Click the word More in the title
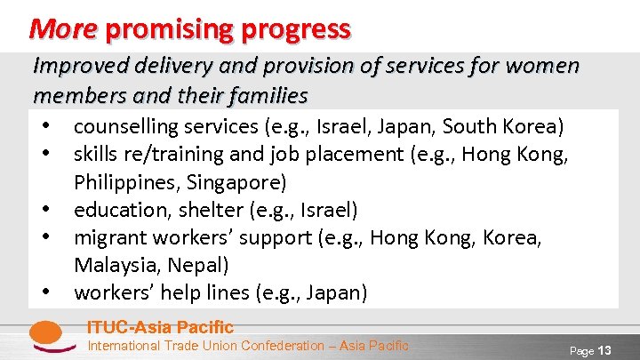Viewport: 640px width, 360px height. click(x=63, y=29)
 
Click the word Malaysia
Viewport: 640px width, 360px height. click(x=112, y=265)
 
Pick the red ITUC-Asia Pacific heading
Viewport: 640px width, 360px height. click(x=160, y=327)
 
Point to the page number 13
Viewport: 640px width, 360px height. click(x=604, y=350)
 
